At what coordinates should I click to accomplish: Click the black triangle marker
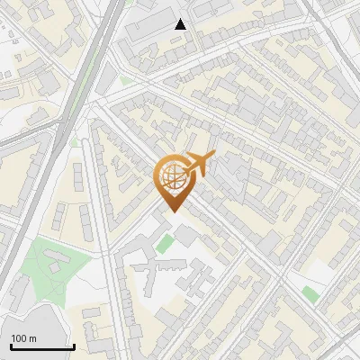(x=181, y=24)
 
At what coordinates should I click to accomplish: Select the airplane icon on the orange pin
(x=199, y=163)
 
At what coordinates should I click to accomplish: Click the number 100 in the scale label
(x=20, y=338)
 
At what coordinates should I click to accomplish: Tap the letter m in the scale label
(x=33, y=338)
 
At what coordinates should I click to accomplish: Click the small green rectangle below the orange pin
(x=163, y=243)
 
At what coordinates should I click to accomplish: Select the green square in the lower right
(x=310, y=294)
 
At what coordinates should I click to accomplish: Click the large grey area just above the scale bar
(x=36, y=324)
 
